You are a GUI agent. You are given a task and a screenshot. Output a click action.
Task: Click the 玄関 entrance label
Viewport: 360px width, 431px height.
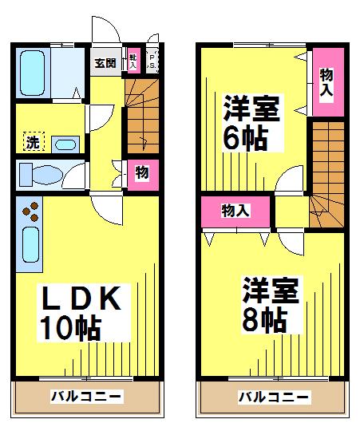coord(105,63)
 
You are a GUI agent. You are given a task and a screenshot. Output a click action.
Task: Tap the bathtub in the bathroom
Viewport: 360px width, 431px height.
coord(33,71)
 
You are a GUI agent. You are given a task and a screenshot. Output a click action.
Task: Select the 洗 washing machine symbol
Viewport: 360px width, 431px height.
coord(32,143)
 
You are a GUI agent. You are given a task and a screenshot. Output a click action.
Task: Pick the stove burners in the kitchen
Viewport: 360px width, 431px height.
coord(31,212)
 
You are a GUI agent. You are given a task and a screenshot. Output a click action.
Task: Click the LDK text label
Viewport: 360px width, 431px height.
coord(80,299)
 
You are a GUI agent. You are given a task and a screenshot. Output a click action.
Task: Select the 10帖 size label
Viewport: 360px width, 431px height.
coord(72,327)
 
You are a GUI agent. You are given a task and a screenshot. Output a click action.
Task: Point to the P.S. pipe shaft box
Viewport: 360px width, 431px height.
coord(152,61)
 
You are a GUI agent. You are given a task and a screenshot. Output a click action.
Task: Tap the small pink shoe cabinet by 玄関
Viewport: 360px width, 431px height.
coord(133,61)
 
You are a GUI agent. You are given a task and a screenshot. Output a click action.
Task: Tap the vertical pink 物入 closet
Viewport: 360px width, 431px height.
coord(326,82)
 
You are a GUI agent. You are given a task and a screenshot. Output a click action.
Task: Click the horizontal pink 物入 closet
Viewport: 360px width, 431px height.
coord(235,211)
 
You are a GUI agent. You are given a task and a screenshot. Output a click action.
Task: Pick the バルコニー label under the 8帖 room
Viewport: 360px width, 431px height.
coord(273,396)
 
